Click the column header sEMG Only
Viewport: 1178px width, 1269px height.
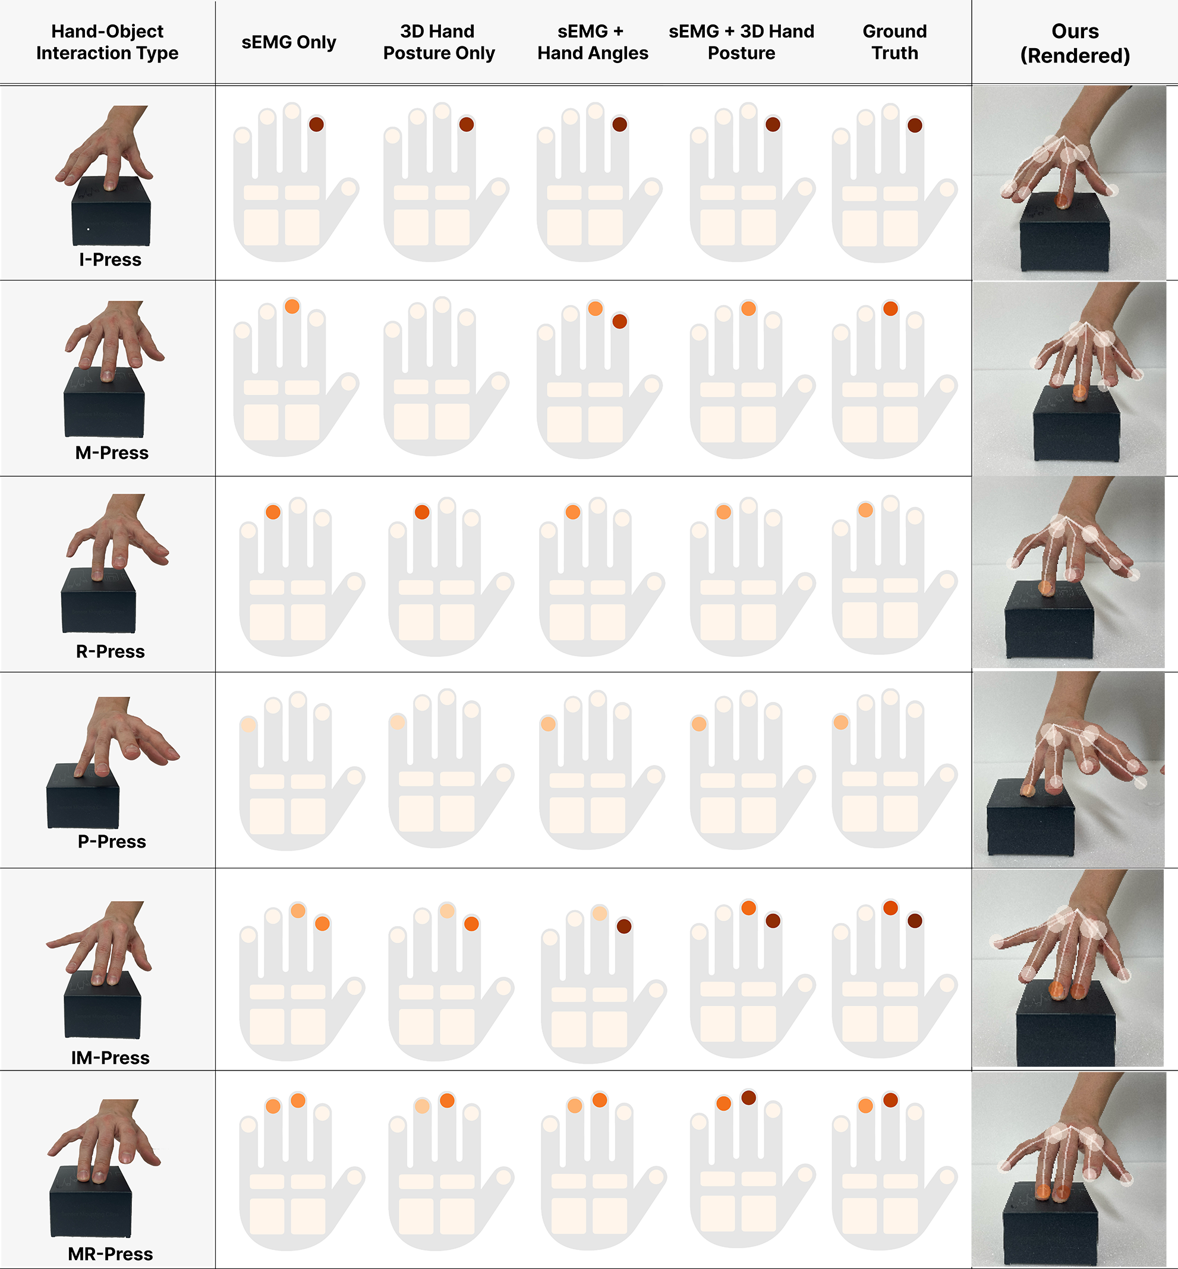[x=289, y=42]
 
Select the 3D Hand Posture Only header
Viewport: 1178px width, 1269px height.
[x=439, y=42]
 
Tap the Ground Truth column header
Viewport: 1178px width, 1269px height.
[x=895, y=42]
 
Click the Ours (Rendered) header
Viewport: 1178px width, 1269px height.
[x=1075, y=43]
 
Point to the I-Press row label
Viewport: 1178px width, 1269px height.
[x=111, y=259]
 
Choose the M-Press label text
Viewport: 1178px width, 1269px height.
[x=112, y=452]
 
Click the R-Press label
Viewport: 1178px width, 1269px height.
[x=111, y=651]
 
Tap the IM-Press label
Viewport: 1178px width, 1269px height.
[x=111, y=1057]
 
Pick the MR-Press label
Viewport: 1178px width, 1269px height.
[x=111, y=1254]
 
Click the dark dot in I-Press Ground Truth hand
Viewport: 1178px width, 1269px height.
[x=915, y=125]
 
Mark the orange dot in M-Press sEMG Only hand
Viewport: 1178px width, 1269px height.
[x=292, y=307]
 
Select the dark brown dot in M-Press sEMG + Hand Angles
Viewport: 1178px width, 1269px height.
[x=619, y=321]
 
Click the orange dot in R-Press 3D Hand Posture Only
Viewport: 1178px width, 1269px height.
[x=422, y=512]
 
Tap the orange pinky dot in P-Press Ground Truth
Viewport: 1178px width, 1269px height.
[x=841, y=722]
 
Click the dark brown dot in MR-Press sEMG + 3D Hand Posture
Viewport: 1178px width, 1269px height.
[x=748, y=1098]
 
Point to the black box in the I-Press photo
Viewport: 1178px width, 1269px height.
[x=111, y=212]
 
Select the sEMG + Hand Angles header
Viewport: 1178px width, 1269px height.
[x=593, y=42]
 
